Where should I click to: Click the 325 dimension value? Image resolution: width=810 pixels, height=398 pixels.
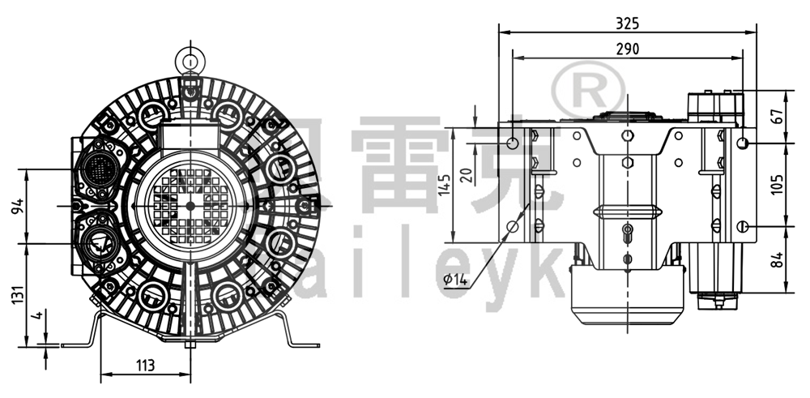(x=627, y=21)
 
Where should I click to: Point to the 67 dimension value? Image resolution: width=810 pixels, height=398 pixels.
(x=778, y=114)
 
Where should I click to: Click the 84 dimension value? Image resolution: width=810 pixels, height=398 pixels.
(x=778, y=259)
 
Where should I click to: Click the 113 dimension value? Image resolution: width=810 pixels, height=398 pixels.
(x=144, y=366)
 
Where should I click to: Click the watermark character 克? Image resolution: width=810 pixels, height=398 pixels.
(x=518, y=162)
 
